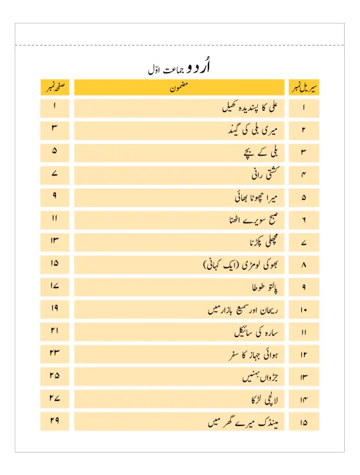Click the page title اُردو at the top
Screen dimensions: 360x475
198,68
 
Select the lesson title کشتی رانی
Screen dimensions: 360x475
260,175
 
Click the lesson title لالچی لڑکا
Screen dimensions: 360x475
260,400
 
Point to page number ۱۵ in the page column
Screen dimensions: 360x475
54,265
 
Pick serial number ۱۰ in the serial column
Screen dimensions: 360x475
304,310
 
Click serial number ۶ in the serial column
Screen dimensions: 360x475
304,220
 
